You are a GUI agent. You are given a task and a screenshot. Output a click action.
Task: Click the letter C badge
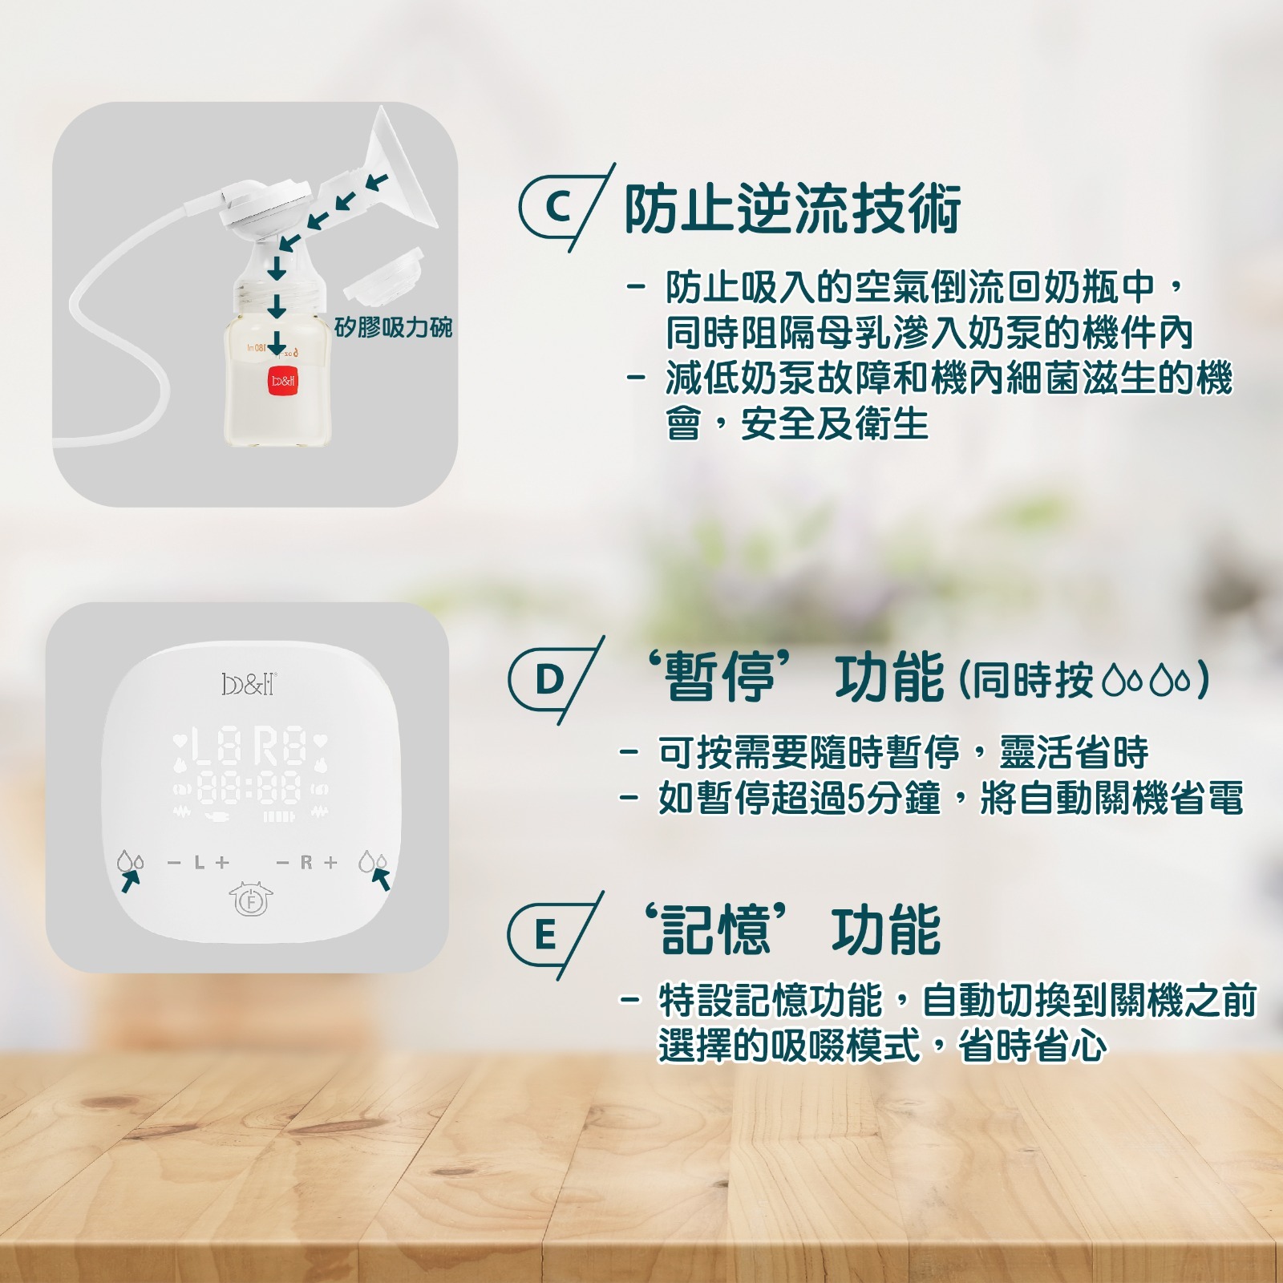click(x=559, y=208)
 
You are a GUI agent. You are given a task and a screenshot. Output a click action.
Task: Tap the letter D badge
click(x=549, y=681)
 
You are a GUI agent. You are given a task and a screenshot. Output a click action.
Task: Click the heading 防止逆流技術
click(x=792, y=208)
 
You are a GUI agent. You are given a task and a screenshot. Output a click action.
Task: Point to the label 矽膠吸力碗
click(x=393, y=327)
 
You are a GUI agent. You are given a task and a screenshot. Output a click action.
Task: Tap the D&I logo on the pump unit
click(x=249, y=684)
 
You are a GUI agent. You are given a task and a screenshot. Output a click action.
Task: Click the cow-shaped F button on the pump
click(x=251, y=899)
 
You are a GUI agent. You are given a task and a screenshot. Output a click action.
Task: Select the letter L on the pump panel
click(x=200, y=863)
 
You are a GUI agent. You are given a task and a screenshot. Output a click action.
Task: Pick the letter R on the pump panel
click(x=306, y=863)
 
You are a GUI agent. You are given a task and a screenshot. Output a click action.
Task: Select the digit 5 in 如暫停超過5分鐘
click(x=856, y=799)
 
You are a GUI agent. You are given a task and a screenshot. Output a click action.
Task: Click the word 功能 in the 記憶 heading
click(x=886, y=931)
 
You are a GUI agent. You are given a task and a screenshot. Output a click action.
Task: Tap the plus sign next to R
click(x=330, y=863)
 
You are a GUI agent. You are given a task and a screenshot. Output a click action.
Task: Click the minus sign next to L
click(x=174, y=863)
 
